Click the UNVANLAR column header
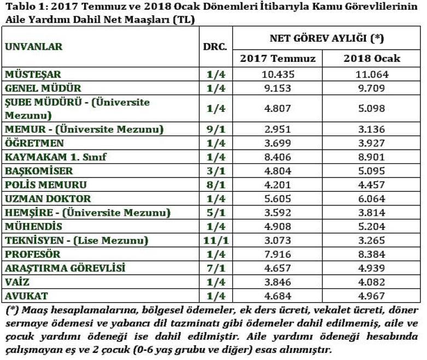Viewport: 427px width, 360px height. [33, 46]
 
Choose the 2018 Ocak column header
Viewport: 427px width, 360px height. [372, 58]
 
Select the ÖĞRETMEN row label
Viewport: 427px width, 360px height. [34, 144]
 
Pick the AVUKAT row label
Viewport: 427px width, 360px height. [27, 296]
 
